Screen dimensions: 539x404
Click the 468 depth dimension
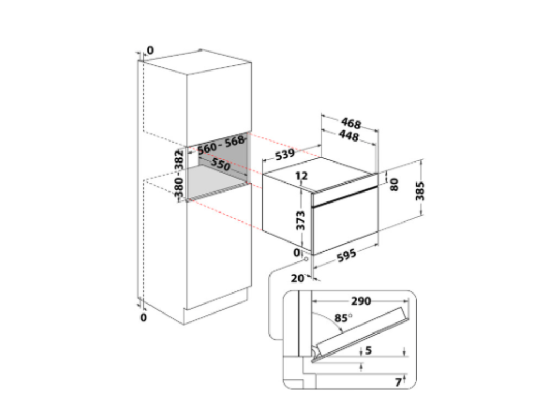point(351,123)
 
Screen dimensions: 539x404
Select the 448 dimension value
point(349,135)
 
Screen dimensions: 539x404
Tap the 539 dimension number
point(285,155)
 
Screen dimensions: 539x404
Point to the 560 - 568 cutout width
point(221,145)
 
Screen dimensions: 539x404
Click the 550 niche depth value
point(221,164)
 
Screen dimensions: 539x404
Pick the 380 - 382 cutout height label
point(179,174)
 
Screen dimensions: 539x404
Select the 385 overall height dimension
point(420,191)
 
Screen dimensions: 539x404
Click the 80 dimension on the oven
point(394,185)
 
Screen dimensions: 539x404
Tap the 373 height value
point(300,220)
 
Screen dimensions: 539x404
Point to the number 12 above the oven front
point(302,176)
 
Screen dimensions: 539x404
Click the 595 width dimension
point(346,256)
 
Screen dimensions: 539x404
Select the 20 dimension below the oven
point(298,278)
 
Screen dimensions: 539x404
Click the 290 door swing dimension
point(361,301)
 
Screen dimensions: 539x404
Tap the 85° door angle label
point(343,318)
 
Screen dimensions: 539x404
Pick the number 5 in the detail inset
point(368,350)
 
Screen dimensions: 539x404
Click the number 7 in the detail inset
point(398,382)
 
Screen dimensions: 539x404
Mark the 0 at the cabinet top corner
point(150,50)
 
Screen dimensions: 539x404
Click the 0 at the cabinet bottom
point(144,317)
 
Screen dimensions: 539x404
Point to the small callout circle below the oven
point(306,259)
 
